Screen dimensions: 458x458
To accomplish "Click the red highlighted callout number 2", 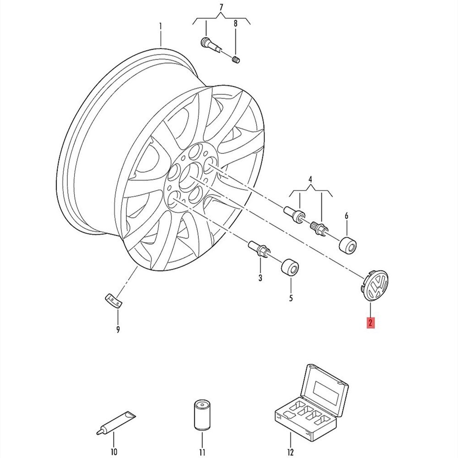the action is point(371,323).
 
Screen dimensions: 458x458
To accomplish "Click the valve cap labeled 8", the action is point(236,59).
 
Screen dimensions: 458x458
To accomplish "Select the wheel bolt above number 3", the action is point(259,249).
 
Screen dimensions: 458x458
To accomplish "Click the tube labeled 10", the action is point(116,423).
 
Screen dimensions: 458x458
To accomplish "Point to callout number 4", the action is point(311,179).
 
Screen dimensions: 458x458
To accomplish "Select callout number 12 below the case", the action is point(290,452).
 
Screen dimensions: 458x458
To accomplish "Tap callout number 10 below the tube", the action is point(114,452).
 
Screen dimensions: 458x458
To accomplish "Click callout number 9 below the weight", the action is point(118,329).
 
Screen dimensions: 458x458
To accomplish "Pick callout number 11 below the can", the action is point(202,452).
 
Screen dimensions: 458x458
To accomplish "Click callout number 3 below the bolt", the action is point(260,278).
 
